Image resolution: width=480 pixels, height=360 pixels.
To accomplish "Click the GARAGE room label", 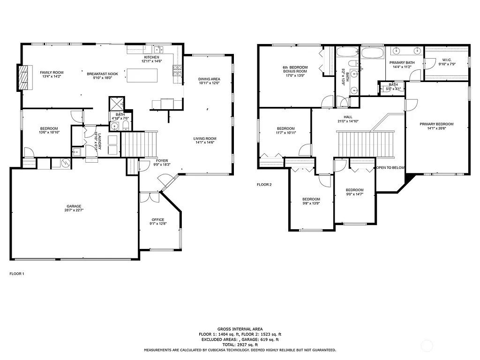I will [74, 206].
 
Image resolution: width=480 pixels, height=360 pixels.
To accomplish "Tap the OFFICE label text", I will [157, 219].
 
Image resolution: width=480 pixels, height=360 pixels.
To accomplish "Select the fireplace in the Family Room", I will [23, 77].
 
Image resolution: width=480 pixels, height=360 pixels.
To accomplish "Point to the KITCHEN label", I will [151, 57].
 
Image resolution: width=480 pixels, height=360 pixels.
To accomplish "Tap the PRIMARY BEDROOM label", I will [436, 124].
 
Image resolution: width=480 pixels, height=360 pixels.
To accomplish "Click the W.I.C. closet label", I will [446, 60].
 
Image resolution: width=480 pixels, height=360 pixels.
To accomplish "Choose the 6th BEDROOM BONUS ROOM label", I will [295, 69].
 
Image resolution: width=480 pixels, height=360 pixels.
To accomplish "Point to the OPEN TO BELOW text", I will [390, 167].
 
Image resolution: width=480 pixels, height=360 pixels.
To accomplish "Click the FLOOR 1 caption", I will [17, 273].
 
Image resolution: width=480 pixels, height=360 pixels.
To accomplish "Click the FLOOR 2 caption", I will [264, 185].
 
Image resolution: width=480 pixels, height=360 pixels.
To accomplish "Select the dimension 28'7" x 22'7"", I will [74, 211].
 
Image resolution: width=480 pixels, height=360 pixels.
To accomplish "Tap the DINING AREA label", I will [209, 79].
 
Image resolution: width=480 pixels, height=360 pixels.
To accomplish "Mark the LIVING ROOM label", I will [205, 138].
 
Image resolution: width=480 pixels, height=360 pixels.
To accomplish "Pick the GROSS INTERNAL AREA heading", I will [240, 329].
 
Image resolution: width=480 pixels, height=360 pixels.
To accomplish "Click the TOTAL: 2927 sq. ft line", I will [240, 345].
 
